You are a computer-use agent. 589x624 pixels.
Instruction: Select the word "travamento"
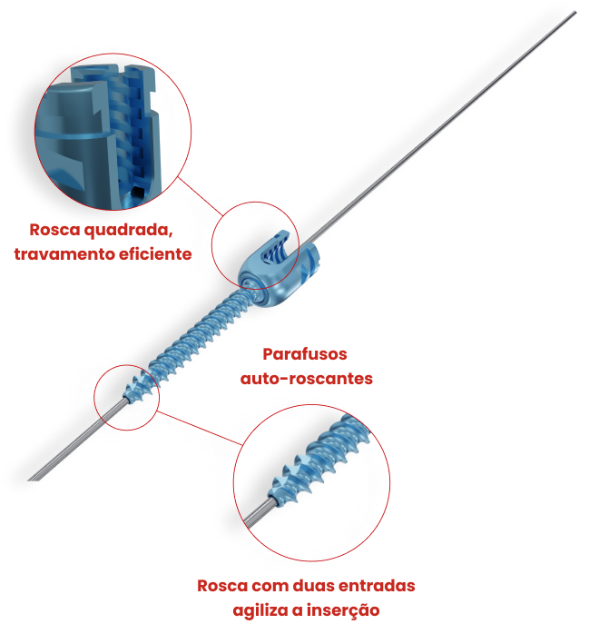pyautogui.click(x=64, y=254)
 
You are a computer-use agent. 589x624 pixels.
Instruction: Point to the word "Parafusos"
pyautogui.click(x=305, y=354)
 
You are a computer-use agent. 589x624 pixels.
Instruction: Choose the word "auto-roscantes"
pyautogui.click(x=307, y=379)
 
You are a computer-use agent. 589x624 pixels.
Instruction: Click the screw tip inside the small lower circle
pyautogui.click(x=138, y=387)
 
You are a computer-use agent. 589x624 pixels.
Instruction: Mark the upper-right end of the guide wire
pyautogui.click(x=576, y=12)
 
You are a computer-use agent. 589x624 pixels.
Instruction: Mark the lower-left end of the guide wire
pyautogui.click(x=29, y=480)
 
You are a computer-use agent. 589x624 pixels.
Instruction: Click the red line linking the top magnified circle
pyautogui.click(x=201, y=196)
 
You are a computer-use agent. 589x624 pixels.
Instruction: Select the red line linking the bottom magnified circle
pyautogui.click(x=200, y=428)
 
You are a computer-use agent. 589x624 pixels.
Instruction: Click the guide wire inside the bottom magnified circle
pyautogui.click(x=258, y=514)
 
